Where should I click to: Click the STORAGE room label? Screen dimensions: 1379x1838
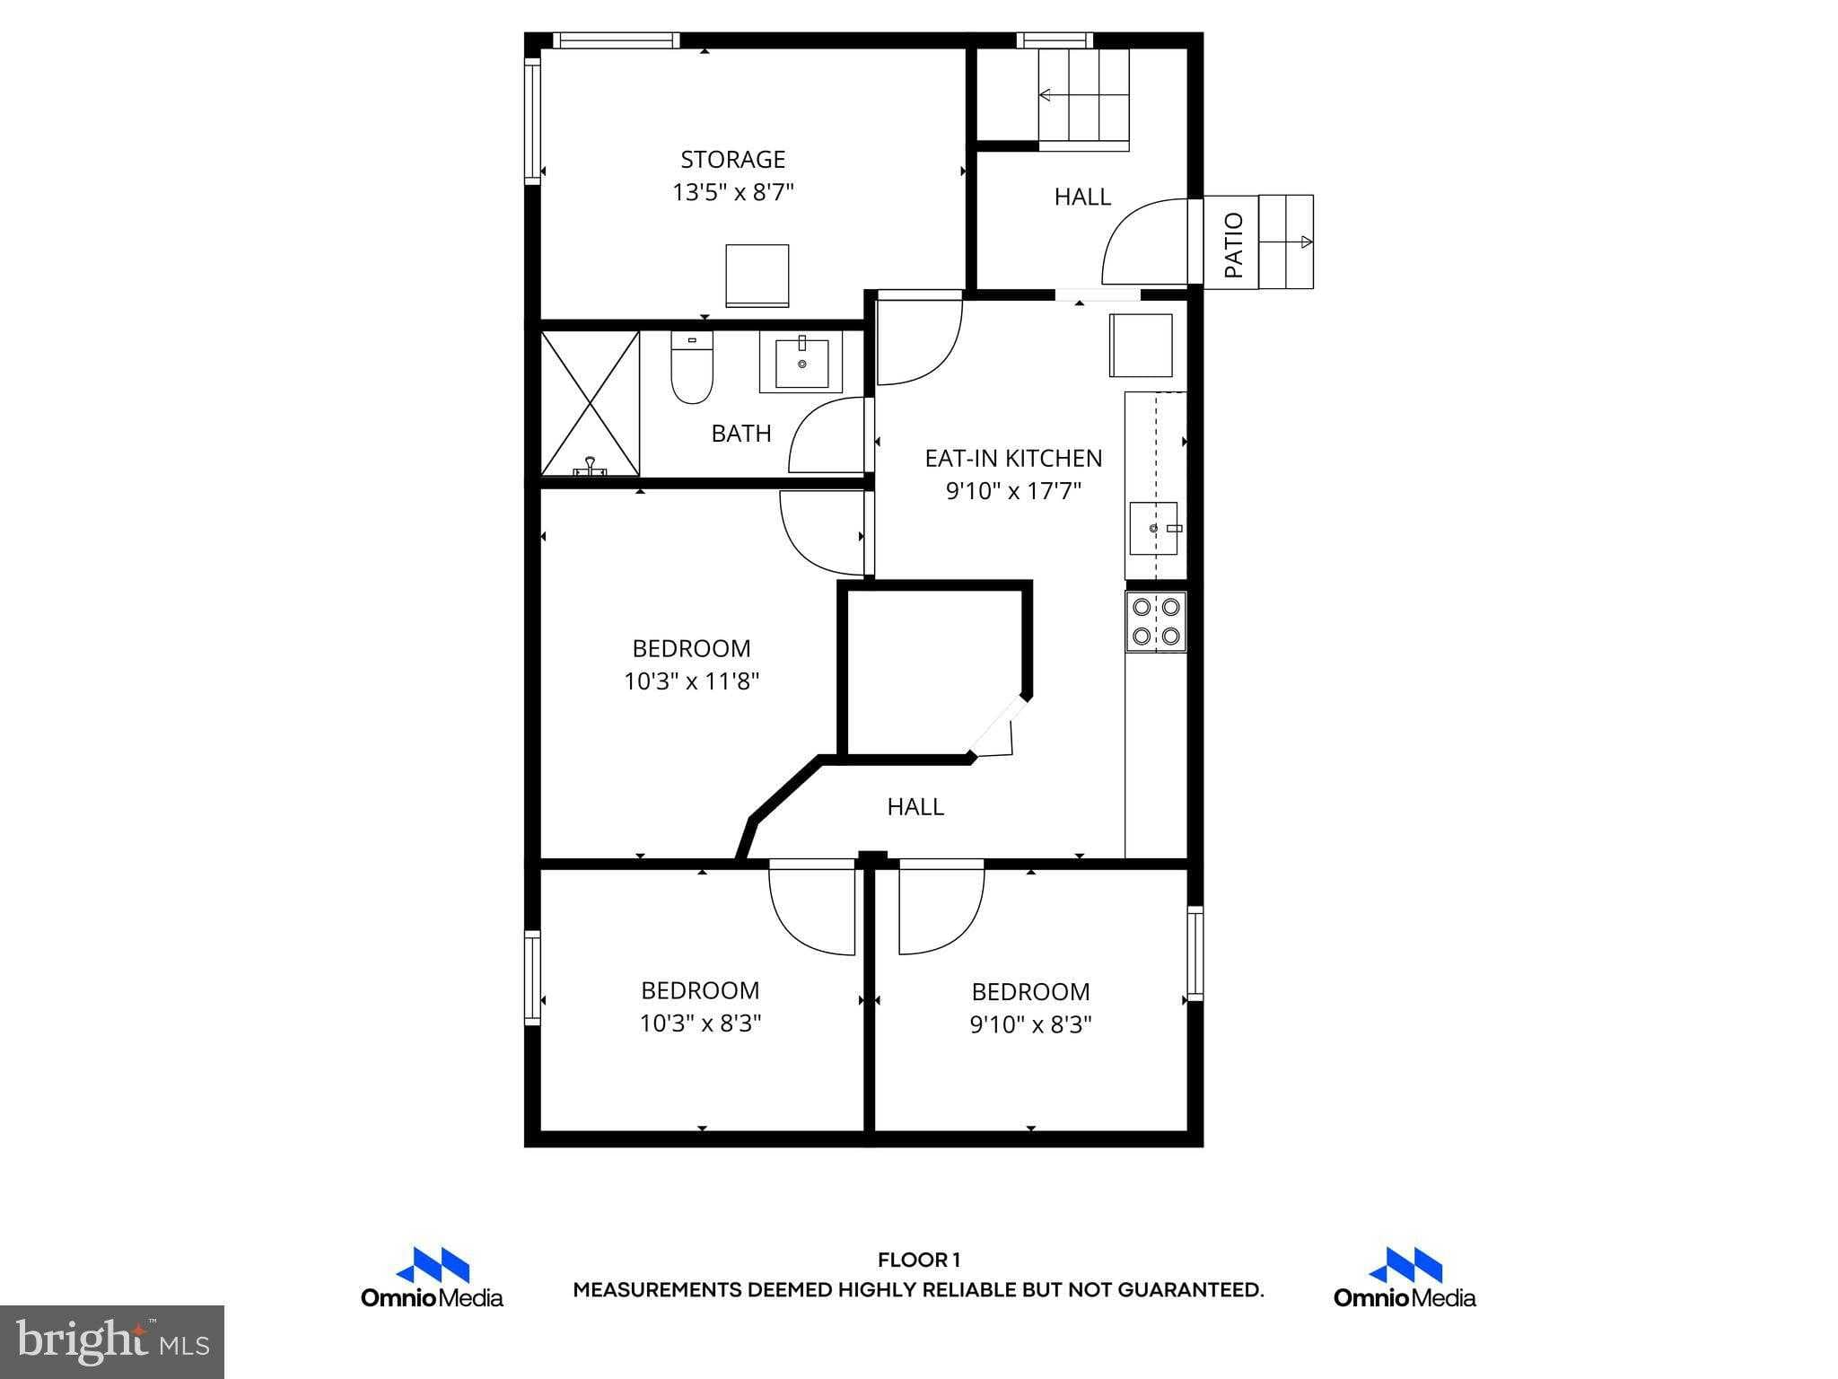[x=732, y=160]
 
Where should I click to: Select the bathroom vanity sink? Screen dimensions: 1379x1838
[x=801, y=362]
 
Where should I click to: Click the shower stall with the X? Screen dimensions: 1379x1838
[x=591, y=403]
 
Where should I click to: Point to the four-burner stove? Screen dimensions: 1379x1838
[x=1156, y=621]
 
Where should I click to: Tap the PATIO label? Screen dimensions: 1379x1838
[x=1234, y=244]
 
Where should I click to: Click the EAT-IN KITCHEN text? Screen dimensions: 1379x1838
[x=1013, y=458]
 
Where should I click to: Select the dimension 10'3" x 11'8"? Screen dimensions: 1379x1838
[x=691, y=681]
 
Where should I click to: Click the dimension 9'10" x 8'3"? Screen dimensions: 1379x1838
[x=1030, y=1024]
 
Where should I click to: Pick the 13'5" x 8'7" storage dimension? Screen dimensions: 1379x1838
[x=732, y=192]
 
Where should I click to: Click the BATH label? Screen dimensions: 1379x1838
[x=741, y=434]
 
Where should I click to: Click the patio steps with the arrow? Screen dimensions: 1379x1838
[x=1285, y=242]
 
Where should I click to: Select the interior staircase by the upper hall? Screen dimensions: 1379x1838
[x=1083, y=99]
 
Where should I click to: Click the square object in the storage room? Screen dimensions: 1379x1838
[x=757, y=275]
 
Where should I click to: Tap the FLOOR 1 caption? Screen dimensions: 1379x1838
[x=918, y=1260]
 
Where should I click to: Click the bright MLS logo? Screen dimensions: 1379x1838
[x=112, y=1341]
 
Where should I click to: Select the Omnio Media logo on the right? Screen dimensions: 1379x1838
[x=1404, y=1278]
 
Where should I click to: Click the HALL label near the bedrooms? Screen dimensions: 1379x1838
[x=915, y=806]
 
